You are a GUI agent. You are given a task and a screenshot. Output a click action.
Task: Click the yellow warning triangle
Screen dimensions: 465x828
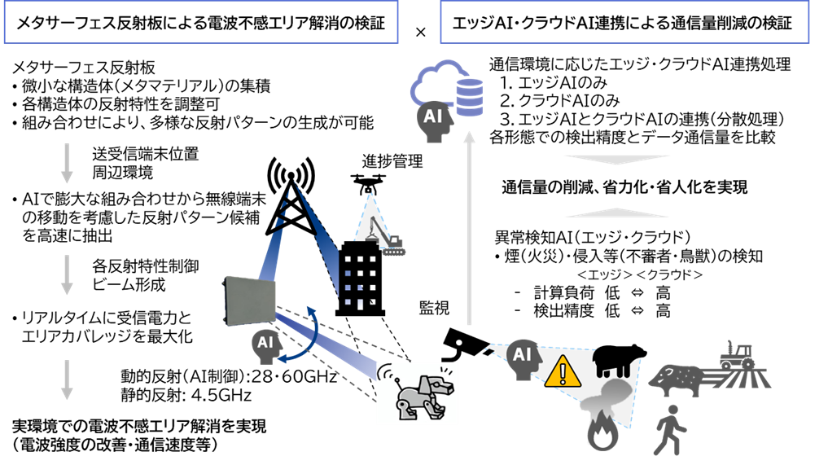click(563, 371)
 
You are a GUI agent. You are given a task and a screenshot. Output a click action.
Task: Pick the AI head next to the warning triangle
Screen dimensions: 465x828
click(523, 358)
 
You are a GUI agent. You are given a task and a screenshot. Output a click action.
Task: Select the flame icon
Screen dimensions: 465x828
click(602, 433)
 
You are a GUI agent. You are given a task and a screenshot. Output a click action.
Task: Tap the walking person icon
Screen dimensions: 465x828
click(669, 430)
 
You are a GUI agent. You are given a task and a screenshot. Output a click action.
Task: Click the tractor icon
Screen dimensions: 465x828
click(737, 355)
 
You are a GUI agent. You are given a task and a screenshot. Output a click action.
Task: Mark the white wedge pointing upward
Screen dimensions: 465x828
click(617, 213)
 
